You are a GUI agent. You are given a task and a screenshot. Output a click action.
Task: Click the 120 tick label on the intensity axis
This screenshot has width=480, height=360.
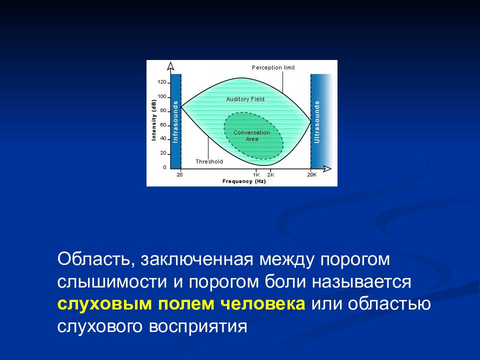coord(161,82)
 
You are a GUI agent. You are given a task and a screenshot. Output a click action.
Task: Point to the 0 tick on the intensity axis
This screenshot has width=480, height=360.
coord(164,167)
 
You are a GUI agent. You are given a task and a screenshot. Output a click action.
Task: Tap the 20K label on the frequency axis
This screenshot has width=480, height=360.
coord(311,175)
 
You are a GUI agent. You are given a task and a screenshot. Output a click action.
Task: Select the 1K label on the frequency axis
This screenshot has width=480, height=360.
coord(256,175)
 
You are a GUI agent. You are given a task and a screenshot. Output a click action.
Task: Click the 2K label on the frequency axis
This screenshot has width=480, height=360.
coord(270,175)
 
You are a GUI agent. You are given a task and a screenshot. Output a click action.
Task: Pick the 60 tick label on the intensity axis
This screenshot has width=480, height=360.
coord(163,125)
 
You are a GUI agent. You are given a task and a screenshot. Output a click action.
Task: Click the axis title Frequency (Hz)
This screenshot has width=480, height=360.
coord(244,181)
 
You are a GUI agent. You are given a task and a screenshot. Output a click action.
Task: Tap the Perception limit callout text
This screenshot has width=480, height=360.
coord(273,67)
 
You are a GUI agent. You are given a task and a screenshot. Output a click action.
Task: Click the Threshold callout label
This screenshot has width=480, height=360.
coord(209,161)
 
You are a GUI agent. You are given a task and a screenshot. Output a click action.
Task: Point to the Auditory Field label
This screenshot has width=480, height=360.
coord(245,99)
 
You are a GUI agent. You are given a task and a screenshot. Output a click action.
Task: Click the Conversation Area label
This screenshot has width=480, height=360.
coord(251,135)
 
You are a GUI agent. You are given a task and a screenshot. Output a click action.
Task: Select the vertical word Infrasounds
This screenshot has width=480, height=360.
coord(175,121)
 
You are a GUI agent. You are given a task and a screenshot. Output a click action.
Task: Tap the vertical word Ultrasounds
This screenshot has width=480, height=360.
coord(317,122)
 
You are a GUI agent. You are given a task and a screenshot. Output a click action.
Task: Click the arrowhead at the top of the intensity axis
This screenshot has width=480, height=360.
coord(170,66)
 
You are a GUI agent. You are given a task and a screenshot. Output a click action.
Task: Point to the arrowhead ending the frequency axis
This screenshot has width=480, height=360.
coord(327,168)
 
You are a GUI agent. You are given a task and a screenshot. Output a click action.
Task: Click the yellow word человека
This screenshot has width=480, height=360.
coord(262,304)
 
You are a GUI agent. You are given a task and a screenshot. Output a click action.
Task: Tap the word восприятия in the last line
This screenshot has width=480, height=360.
coord(198,326)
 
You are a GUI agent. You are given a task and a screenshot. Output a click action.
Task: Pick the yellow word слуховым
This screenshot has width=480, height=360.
coord(104,304)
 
